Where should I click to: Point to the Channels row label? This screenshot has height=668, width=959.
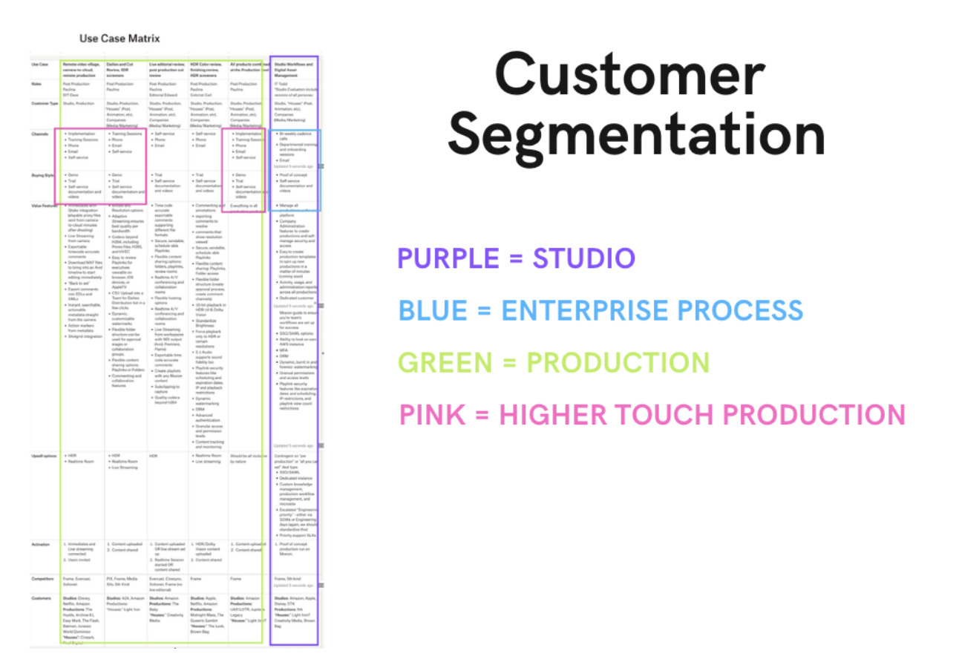pyautogui.click(x=39, y=134)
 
